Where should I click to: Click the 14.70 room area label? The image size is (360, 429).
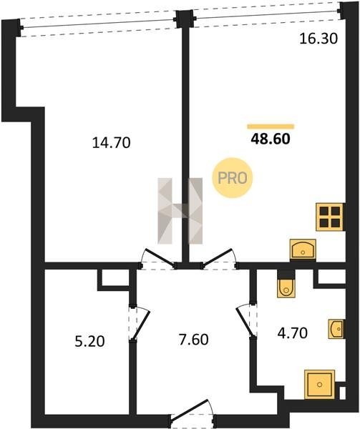[111, 143]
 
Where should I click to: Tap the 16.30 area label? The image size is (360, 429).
[318, 39]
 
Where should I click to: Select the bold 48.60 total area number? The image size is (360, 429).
[271, 139]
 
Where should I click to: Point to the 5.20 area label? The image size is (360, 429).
[89, 342]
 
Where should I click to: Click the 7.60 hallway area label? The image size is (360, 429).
[193, 340]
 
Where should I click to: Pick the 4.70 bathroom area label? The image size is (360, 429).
[293, 333]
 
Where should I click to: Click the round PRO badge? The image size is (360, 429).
[233, 178]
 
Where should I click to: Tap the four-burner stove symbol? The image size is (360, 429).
[330, 217]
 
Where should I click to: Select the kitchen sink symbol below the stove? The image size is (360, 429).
[303, 249]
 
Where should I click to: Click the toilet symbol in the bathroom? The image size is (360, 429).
[286, 288]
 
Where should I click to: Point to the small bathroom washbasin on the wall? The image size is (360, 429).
[336, 329]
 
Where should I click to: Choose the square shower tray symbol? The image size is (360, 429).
[319, 384]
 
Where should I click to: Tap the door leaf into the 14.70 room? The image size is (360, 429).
[160, 257]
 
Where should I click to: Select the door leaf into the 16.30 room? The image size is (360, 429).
[218, 257]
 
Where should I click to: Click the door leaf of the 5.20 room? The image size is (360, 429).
[141, 325]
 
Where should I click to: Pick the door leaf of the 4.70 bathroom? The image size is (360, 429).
[245, 321]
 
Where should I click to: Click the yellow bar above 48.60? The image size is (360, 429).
[271, 127]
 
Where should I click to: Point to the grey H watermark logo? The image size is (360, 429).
[180, 211]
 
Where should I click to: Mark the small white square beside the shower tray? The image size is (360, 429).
[342, 393]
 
